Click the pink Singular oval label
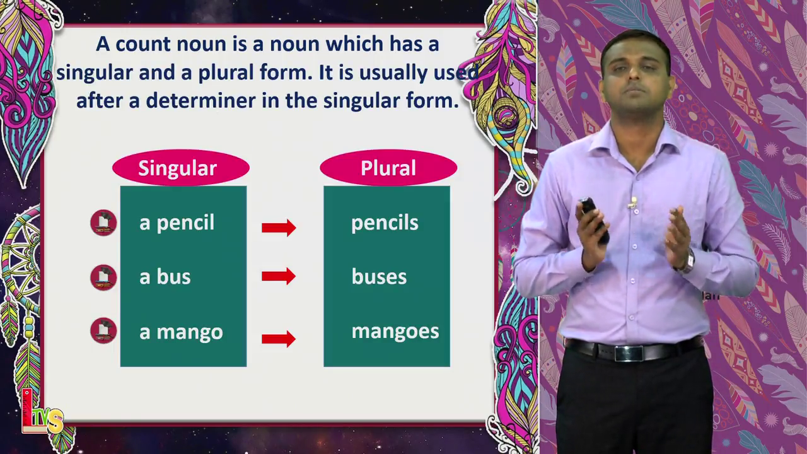[181, 168]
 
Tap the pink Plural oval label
[388, 168]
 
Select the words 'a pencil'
[177, 223]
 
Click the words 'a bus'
[165, 277]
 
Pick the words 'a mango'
[181, 332]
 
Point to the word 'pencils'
[385, 223]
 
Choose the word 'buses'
[379, 277]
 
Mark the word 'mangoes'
[395, 332]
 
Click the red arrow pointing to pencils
[279, 228]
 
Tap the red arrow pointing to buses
[279, 276]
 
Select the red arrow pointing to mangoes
[279, 339]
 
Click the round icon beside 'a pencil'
[104, 223]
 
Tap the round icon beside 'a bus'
[104, 278]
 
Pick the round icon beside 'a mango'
[104, 331]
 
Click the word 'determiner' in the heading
[200, 100]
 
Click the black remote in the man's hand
[593, 219]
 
